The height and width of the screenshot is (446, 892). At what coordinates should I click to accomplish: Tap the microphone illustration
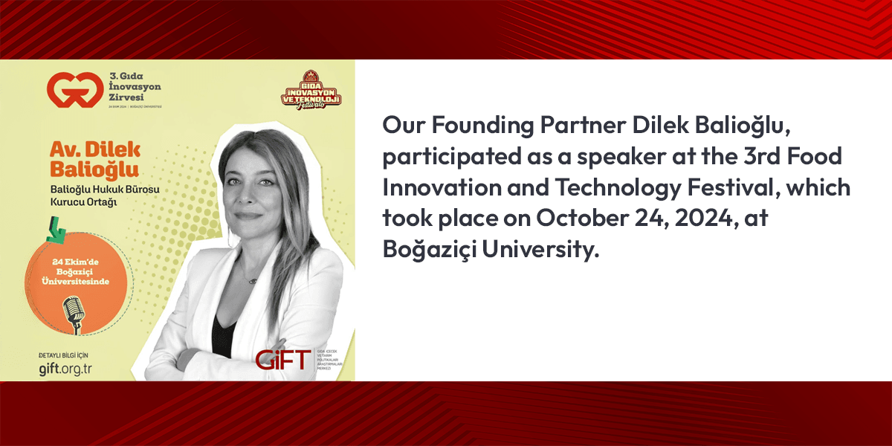(x=73, y=317)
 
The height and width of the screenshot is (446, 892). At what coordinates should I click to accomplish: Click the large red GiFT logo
(x=283, y=360)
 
